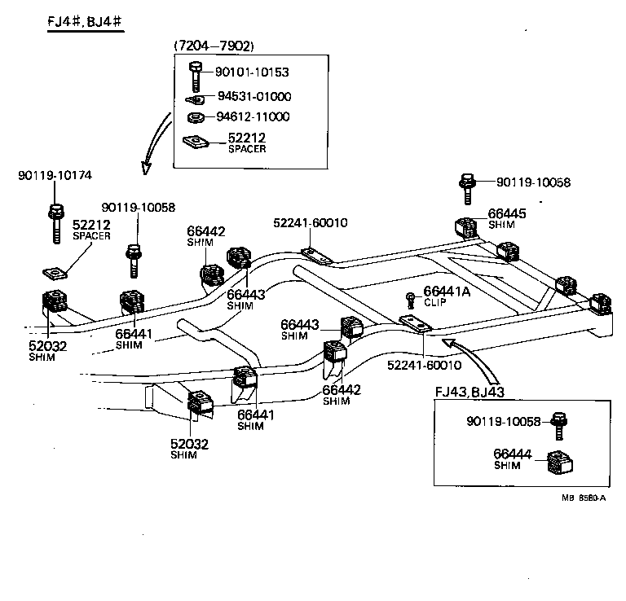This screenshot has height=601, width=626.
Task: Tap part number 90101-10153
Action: tap(253, 72)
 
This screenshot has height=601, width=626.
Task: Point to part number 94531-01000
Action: tap(253, 96)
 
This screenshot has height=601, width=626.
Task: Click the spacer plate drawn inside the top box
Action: tap(196, 142)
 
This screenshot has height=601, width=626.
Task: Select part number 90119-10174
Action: tap(55, 175)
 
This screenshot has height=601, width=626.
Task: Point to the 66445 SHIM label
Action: tap(507, 217)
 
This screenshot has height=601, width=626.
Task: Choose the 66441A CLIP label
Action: tap(446, 296)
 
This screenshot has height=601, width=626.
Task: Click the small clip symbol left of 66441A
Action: tap(412, 295)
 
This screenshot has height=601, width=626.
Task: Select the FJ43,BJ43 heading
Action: tap(470, 392)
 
